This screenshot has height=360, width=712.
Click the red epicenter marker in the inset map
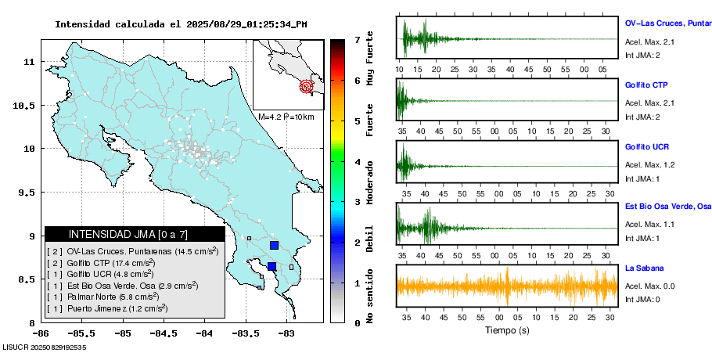307,87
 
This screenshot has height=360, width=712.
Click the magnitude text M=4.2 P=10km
286,117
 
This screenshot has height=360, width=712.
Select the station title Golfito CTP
646,85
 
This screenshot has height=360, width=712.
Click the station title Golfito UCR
646,147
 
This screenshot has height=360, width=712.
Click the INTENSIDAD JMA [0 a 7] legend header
135,234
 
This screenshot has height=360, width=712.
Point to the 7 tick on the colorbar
357,39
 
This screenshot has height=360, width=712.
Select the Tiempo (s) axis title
506,330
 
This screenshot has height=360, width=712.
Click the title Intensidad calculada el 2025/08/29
180,24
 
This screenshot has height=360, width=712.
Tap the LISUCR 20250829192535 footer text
44,346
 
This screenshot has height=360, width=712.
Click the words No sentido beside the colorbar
370,295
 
